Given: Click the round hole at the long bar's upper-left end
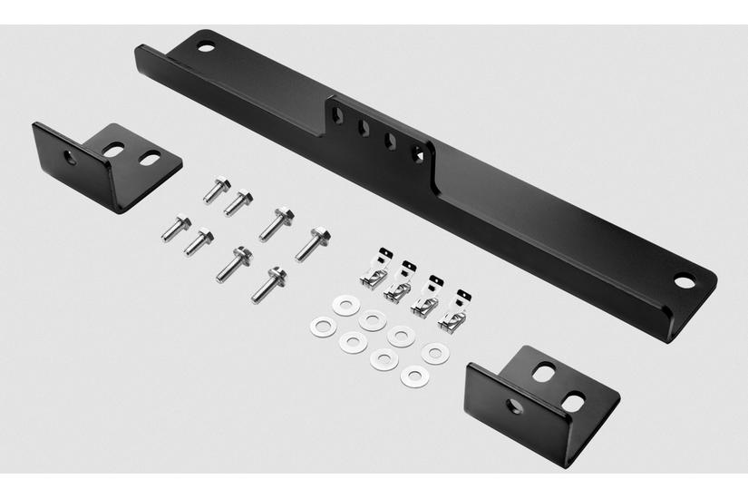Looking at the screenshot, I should click(x=207, y=45).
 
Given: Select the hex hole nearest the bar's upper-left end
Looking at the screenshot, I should click(x=336, y=115).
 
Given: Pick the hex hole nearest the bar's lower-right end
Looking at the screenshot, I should click(x=417, y=154).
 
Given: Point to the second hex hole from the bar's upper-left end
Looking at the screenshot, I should click(x=363, y=128).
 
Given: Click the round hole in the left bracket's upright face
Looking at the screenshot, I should click(x=71, y=157).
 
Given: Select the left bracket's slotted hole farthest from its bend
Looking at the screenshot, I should click(x=148, y=158).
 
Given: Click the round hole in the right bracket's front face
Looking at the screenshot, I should click(x=514, y=406).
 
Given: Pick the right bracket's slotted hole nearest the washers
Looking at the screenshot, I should click(x=542, y=371).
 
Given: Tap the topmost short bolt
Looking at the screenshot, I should click(x=216, y=191).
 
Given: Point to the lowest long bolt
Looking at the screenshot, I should click(x=268, y=285).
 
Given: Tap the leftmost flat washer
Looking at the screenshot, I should click(x=320, y=327).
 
